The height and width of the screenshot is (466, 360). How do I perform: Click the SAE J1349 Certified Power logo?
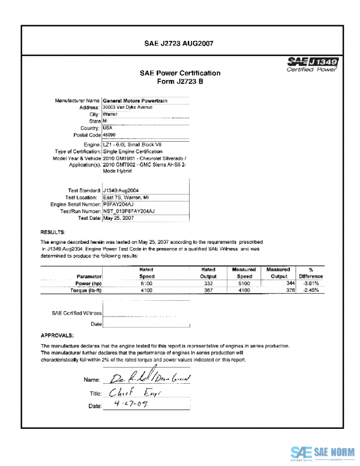coord(313,65)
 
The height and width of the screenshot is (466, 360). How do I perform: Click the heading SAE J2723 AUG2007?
coord(179,43)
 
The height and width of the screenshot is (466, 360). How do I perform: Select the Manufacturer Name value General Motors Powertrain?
coord(135,100)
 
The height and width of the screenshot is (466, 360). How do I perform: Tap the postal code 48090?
coord(112,135)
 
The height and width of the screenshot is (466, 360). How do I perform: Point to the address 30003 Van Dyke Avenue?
coord(128,107)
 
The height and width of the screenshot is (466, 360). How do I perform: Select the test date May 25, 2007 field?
coord(120,219)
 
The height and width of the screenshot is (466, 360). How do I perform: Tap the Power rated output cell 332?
coord(208,282)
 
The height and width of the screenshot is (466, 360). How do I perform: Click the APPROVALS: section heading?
coord(57,335)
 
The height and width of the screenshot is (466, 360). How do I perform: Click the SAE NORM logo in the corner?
coord(322,452)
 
